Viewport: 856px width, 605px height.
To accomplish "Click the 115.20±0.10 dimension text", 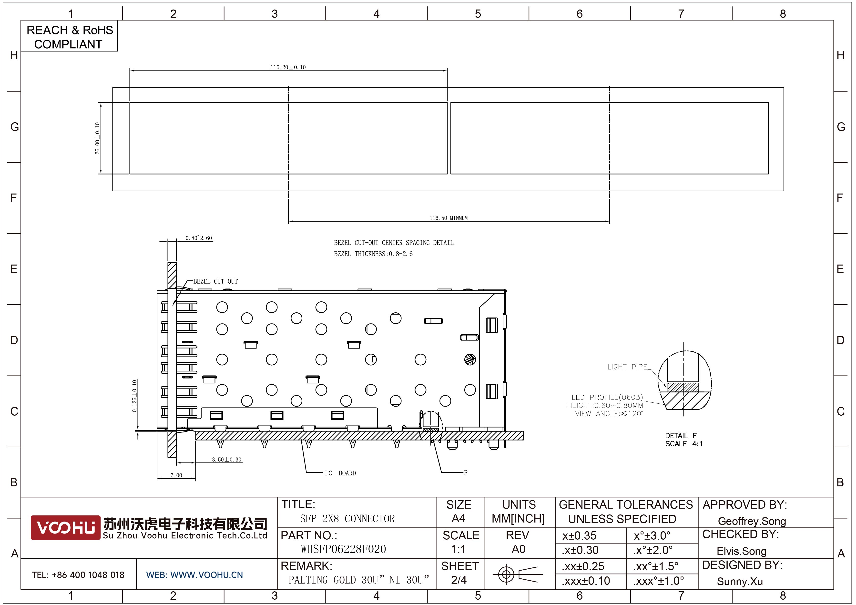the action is [x=288, y=67].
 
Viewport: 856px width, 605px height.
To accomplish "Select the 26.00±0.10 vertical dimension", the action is [x=98, y=138].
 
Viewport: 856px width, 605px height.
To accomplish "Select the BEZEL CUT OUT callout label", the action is [x=215, y=281].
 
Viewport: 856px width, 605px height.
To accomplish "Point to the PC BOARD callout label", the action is [x=340, y=473].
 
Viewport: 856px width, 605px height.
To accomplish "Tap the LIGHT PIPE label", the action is [x=627, y=367].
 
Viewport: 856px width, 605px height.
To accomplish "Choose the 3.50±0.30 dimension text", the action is [x=227, y=460].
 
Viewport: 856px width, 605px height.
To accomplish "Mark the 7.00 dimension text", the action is [x=176, y=475].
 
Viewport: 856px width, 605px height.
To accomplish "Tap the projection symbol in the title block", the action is [x=518, y=574].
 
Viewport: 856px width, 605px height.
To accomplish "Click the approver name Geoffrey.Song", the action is [x=752, y=521].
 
